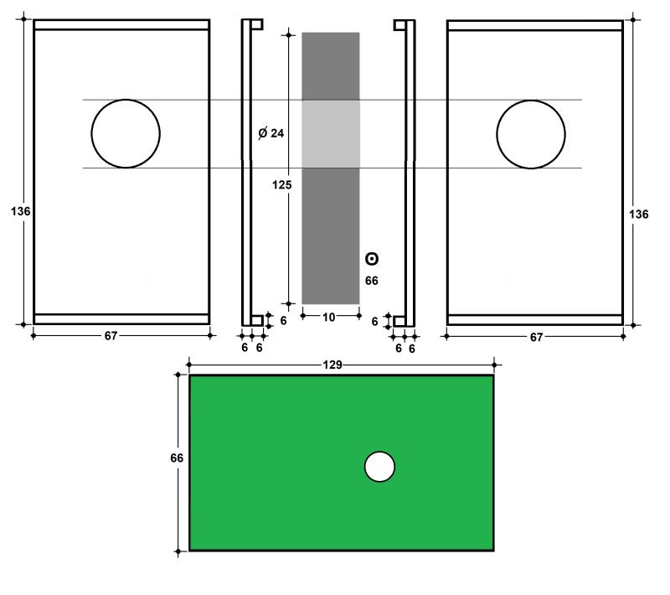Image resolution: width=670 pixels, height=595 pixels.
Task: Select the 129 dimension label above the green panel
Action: (332, 365)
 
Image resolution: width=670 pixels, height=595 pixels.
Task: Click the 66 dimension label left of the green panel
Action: (177, 458)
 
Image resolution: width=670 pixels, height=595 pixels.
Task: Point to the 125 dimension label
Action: (282, 184)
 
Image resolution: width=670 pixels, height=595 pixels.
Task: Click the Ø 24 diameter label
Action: (271, 133)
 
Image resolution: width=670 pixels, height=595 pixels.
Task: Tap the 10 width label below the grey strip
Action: (328, 317)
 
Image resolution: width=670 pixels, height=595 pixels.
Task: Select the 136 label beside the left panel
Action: (20, 211)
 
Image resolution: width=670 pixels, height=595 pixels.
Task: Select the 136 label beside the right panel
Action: (638, 215)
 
